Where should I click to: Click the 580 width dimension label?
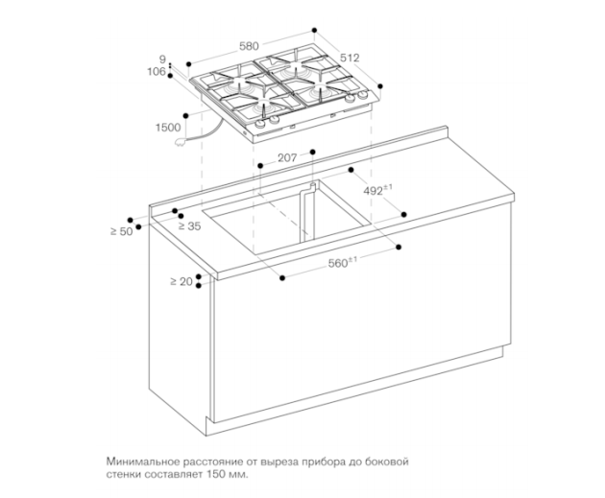coord(249,46)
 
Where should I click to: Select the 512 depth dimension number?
coord(350,58)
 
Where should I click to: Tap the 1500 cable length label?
coord(168,128)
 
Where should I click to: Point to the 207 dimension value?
coord(287,157)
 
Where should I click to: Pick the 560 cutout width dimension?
coord(343,262)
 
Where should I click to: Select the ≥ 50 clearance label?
coord(122,231)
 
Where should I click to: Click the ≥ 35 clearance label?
coord(190,226)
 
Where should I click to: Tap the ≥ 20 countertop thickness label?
coord(181,282)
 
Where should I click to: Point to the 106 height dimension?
coord(157,72)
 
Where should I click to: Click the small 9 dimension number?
coord(163,59)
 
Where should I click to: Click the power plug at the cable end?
coord(180,143)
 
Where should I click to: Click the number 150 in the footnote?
coord(216,474)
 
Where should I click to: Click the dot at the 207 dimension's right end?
coord(312,152)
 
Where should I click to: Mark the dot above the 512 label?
coord(314,30)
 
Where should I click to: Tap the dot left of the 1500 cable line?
coord(186,115)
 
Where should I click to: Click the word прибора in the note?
coord(324,462)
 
